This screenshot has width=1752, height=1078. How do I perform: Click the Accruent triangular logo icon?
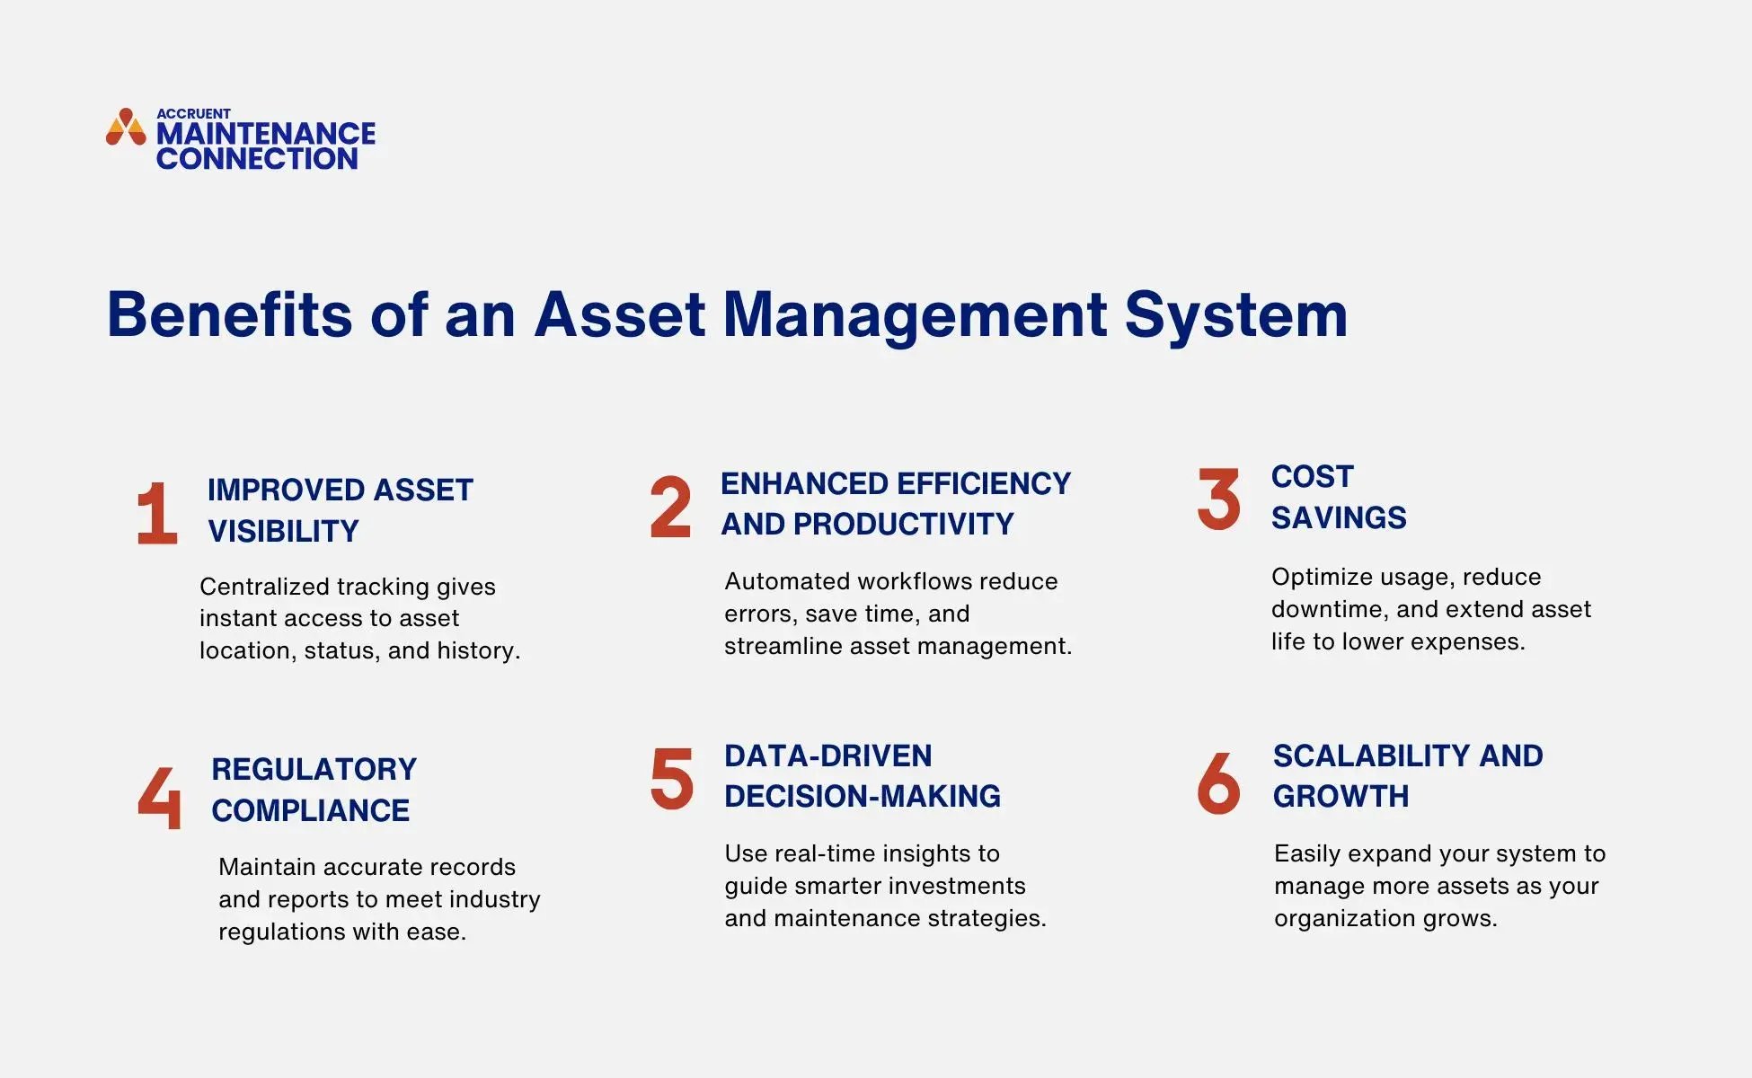coord(126,128)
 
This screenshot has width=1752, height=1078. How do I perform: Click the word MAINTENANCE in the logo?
coord(266,134)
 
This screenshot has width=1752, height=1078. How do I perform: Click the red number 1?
coord(156,513)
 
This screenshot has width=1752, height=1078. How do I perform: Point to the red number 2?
coord(670,508)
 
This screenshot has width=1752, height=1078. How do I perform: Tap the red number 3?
coord(1218,499)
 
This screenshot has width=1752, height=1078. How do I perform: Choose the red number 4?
coord(160,797)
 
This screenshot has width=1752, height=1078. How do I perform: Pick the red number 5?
coord(672,779)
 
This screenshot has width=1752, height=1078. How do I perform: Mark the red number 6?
coord(1218,782)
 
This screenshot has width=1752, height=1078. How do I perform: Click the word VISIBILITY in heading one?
coord(283,531)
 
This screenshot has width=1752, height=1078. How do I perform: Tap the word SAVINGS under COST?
coord(1339,517)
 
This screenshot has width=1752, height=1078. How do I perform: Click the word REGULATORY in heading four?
coord(314,769)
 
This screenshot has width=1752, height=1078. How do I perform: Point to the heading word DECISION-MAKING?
coord(863,796)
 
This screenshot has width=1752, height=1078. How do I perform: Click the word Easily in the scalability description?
coord(1307,853)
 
